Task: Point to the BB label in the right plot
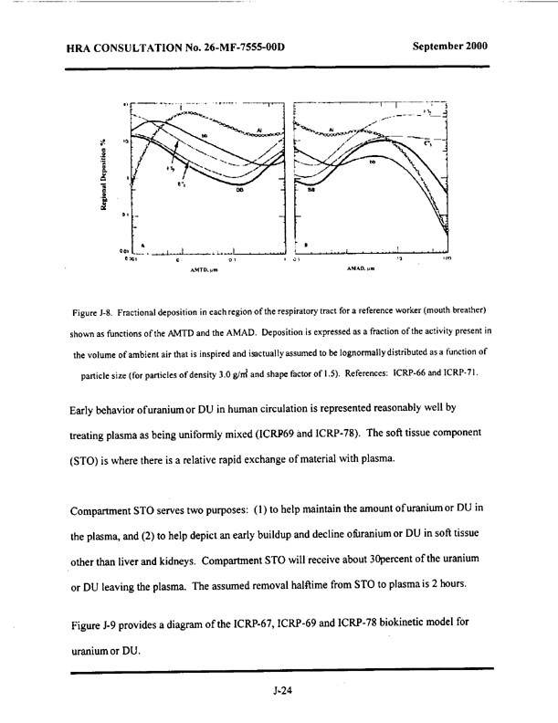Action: (312, 190)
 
